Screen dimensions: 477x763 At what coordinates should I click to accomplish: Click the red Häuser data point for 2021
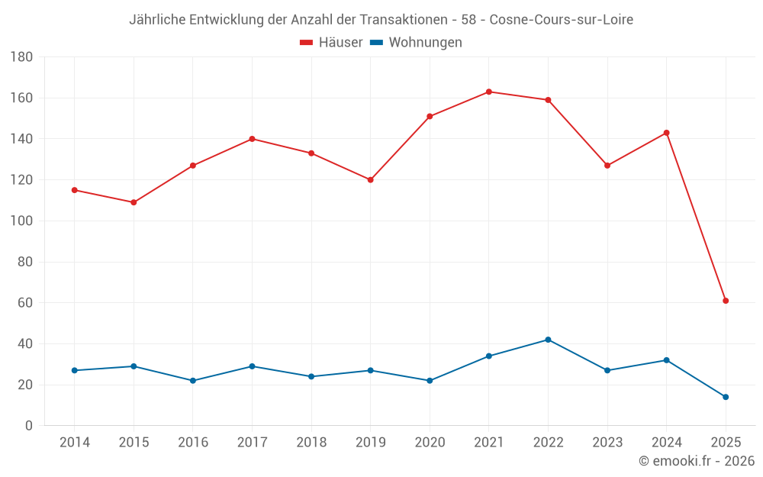(x=489, y=92)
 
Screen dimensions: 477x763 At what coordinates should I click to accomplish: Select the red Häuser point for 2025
(x=726, y=301)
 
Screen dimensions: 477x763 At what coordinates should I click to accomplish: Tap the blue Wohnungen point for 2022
(x=548, y=340)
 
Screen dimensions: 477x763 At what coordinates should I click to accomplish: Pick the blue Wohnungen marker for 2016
(x=193, y=381)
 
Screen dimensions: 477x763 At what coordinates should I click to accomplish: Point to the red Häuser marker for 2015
(x=134, y=202)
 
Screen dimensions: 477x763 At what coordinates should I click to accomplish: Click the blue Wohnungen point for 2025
(x=726, y=397)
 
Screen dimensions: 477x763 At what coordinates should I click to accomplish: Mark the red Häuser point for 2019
(x=371, y=180)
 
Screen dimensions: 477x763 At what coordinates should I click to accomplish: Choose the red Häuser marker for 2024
(x=667, y=133)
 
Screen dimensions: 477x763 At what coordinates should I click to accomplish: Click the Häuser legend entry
(x=331, y=43)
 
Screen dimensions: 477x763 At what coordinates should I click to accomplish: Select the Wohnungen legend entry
(x=416, y=43)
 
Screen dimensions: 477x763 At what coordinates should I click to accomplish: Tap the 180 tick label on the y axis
(x=21, y=57)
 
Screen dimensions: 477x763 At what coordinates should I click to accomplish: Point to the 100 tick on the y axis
(x=21, y=221)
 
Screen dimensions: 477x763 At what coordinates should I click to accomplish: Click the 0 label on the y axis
(x=28, y=426)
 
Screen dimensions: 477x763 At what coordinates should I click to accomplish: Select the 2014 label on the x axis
(x=75, y=443)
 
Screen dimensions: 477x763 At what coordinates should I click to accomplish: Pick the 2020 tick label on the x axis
(x=430, y=443)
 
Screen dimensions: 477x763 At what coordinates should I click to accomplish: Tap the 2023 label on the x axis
(x=607, y=443)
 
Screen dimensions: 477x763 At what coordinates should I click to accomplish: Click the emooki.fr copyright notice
(x=697, y=461)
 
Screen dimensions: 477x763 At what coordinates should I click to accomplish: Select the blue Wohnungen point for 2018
(x=311, y=376)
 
